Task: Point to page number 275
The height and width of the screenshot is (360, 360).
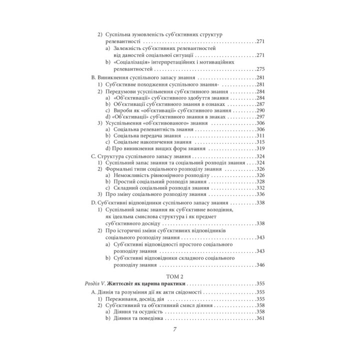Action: coord(260,69)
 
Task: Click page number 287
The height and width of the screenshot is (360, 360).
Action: coord(260,104)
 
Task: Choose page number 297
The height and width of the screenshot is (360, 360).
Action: coord(260,116)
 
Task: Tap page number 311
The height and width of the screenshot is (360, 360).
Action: coord(260,135)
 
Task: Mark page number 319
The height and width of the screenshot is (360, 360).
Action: coord(260,148)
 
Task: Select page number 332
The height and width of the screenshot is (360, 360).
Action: coord(260,187)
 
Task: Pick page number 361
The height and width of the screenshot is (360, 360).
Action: coord(260,318)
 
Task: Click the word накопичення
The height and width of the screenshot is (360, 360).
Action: coord(154,142)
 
